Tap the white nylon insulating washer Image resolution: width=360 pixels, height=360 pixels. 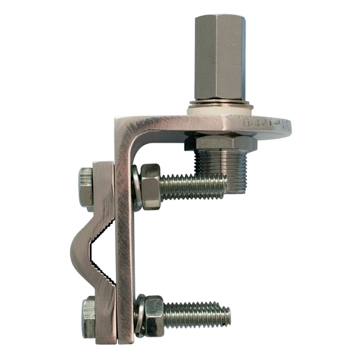click(219, 110)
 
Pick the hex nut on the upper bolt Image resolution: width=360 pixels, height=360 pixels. click(150, 186)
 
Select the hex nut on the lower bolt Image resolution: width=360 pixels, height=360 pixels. click(153, 315)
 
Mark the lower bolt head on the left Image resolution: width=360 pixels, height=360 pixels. click(88, 317)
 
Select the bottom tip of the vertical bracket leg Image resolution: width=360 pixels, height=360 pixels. click(125, 338)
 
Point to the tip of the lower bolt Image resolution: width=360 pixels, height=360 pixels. click(228, 315)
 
